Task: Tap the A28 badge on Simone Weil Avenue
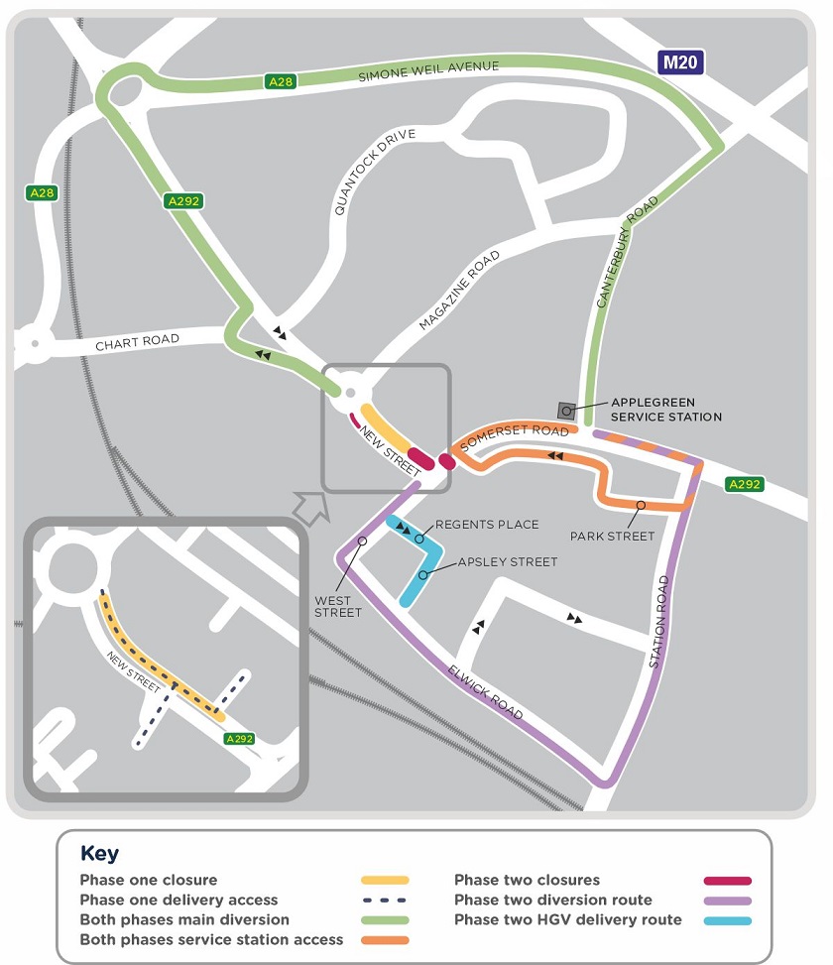coord(280,82)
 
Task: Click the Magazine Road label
coord(458,290)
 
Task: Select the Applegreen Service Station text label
coord(665,410)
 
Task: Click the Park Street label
coord(612,537)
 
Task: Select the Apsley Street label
coord(508,561)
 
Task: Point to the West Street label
coord(339,606)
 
